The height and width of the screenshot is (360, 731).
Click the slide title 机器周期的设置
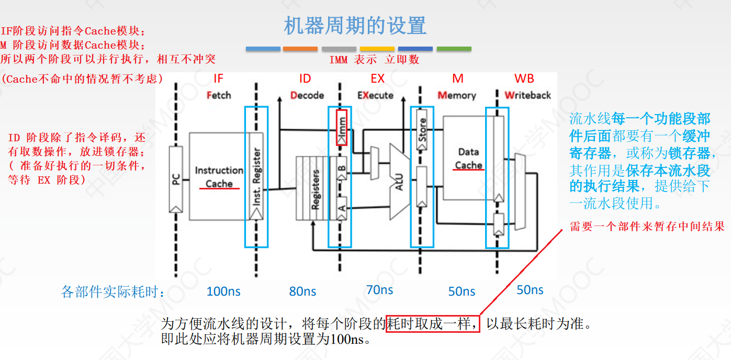point(355,26)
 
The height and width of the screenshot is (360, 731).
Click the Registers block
point(314,188)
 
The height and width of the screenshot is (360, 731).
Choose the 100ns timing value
point(223,291)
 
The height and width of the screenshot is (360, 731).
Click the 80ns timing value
point(302,291)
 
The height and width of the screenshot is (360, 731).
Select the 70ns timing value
point(379,290)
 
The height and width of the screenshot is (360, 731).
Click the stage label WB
point(524,78)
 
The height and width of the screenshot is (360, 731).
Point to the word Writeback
point(527,95)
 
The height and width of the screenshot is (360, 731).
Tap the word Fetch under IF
point(218,95)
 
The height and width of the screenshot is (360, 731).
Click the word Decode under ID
point(307,95)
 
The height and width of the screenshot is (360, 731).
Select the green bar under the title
point(454,49)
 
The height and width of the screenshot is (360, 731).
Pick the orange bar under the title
point(300,49)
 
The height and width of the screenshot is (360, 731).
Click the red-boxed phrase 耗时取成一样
point(433,324)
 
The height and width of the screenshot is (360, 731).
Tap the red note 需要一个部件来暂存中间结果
point(647,227)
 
